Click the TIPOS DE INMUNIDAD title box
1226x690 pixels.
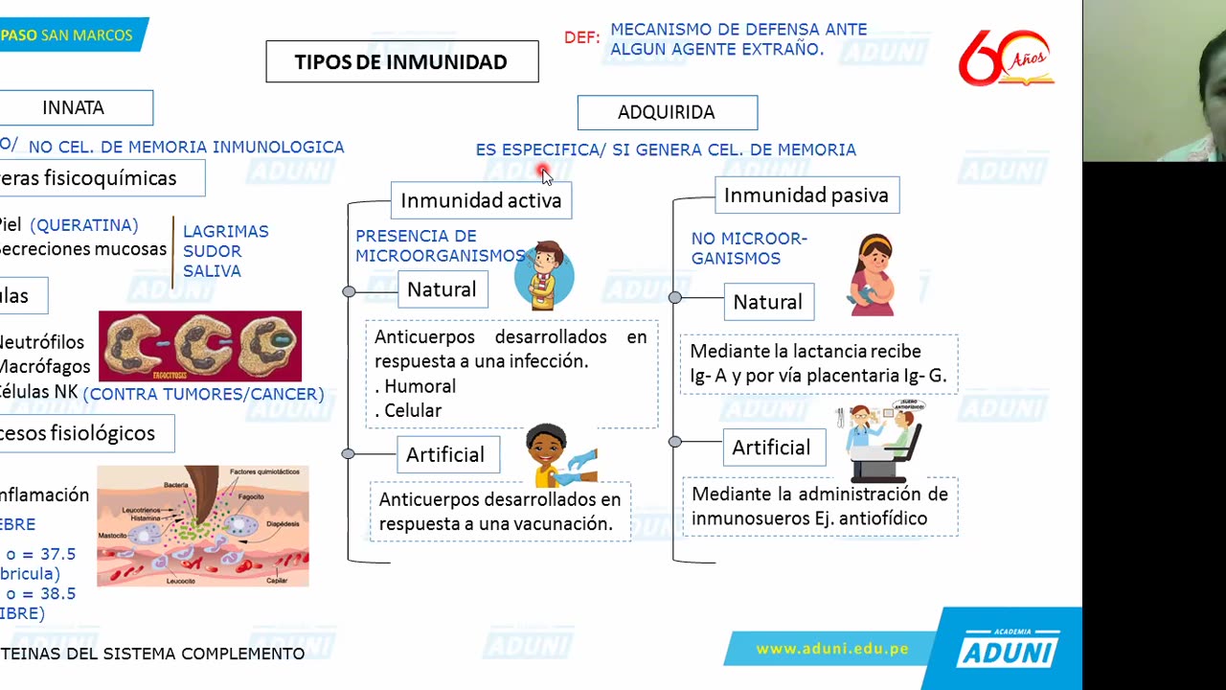401,62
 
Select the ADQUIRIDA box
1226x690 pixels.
667,112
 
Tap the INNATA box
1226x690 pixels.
74,107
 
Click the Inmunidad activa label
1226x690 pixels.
481,200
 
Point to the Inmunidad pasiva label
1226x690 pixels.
806,195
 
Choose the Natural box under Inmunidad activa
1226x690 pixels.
442,289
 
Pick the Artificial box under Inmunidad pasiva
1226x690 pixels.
771,448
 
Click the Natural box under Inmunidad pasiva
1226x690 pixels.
767,302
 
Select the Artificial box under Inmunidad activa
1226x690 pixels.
445,454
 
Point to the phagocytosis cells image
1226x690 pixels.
200,346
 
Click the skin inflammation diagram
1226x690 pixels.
203,525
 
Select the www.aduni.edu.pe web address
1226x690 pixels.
831,649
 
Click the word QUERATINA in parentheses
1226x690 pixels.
84,225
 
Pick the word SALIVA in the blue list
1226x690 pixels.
212,271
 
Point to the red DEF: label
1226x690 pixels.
582,38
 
